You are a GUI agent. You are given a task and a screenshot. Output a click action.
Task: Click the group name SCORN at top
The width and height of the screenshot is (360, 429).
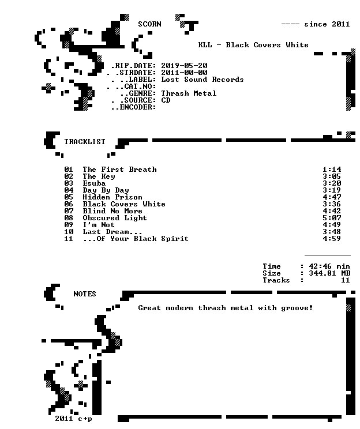(x=149, y=24)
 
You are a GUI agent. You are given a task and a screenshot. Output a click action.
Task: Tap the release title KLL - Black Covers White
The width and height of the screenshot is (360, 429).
(x=253, y=45)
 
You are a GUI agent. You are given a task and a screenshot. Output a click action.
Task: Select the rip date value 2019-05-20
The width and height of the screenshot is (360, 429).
(x=184, y=66)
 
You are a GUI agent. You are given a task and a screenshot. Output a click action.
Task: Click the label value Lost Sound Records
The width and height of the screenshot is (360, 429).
(x=202, y=80)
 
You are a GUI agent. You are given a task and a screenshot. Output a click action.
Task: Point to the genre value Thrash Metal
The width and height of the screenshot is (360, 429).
(x=189, y=93)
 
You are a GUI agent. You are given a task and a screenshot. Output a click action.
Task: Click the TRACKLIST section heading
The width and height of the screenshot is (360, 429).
(x=85, y=142)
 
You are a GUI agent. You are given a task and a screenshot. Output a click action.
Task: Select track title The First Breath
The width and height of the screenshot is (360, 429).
(x=119, y=170)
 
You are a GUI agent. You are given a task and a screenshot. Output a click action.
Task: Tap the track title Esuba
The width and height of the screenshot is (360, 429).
(x=94, y=183)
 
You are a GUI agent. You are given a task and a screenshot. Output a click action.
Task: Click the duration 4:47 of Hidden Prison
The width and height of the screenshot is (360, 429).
(x=332, y=197)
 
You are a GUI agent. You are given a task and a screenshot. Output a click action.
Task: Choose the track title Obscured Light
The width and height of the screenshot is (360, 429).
(x=115, y=218)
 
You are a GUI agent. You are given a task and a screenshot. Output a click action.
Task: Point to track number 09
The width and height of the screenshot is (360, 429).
(x=69, y=225)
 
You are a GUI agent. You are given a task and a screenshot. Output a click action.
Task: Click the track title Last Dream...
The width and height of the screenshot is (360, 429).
(x=112, y=232)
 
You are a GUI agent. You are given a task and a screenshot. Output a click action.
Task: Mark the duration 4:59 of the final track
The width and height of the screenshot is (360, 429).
(x=332, y=239)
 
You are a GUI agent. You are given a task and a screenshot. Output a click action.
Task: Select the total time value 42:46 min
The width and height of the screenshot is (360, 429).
(x=329, y=266)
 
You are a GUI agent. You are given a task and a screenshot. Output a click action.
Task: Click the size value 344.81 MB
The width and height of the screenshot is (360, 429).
(x=329, y=273)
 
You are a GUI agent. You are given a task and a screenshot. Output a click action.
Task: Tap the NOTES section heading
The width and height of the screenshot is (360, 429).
(x=85, y=294)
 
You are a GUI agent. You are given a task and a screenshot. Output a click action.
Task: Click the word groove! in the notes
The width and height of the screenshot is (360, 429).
(x=297, y=308)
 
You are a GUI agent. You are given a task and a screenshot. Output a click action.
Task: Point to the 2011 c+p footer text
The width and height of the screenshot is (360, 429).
(x=73, y=419)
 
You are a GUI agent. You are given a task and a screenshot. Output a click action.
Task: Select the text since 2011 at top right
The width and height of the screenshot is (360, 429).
(x=327, y=24)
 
